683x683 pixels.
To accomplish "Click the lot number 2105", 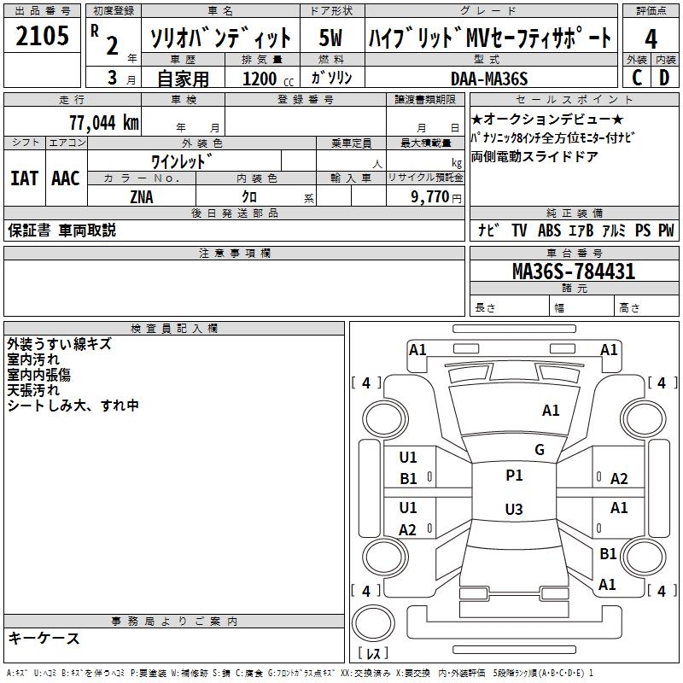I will pos(43,36).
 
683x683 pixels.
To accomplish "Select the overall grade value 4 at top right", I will pos(651,39).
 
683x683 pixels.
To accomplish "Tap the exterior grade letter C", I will pos(636,77).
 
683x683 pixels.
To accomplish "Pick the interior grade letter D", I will pos(664,77).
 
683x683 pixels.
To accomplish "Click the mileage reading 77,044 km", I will pos(103,122).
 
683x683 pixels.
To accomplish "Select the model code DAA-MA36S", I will pos(490,79).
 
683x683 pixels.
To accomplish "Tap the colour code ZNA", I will pos(142,196).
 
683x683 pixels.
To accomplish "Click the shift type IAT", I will pos(25,178).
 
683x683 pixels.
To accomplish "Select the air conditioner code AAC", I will pos(65,178).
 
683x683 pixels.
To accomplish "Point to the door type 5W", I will pos(331,38).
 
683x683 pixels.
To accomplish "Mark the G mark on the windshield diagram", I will pos(540,450).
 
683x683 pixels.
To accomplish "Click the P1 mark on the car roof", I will pos(514,476).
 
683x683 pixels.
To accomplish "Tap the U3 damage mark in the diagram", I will pos(513,510).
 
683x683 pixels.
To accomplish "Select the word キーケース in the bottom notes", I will pos(44,638).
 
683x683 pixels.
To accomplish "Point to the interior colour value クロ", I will pos(251,196).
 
